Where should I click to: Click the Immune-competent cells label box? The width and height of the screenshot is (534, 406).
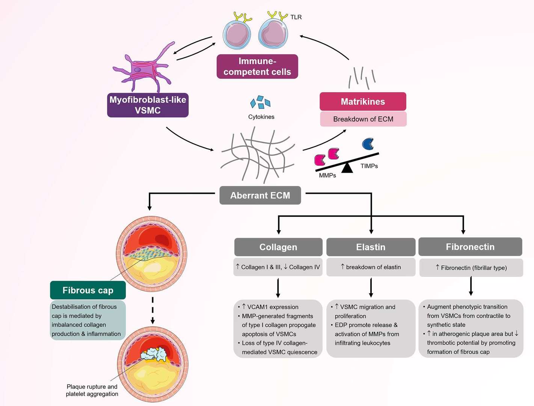[257, 67]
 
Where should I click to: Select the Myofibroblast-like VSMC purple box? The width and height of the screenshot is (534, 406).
[148, 105]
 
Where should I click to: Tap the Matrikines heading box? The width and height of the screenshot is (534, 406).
[363, 102]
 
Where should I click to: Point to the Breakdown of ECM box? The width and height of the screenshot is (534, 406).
[363, 119]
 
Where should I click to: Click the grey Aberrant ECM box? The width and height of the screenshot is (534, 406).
[260, 195]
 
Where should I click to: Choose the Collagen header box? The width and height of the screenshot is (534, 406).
[278, 247]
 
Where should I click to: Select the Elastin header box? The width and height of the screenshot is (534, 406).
[371, 247]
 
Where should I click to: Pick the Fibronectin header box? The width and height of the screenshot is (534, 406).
[470, 247]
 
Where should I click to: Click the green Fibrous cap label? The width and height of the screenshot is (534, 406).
[88, 290]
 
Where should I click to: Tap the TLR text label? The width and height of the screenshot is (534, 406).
[296, 17]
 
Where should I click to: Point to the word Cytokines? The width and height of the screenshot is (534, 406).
[261, 117]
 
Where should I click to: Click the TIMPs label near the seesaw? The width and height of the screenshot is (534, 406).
[369, 166]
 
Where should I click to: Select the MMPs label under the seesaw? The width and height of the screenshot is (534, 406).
[327, 175]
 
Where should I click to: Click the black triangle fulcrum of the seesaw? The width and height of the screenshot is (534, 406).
[347, 168]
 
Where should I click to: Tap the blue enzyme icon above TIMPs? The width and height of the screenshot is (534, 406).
[368, 144]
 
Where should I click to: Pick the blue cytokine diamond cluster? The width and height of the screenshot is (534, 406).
[260, 102]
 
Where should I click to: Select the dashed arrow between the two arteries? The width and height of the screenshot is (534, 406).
[152, 310]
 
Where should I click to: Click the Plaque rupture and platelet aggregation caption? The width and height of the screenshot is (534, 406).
[92, 390]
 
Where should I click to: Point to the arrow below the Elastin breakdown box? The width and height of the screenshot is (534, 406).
[371, 287]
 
